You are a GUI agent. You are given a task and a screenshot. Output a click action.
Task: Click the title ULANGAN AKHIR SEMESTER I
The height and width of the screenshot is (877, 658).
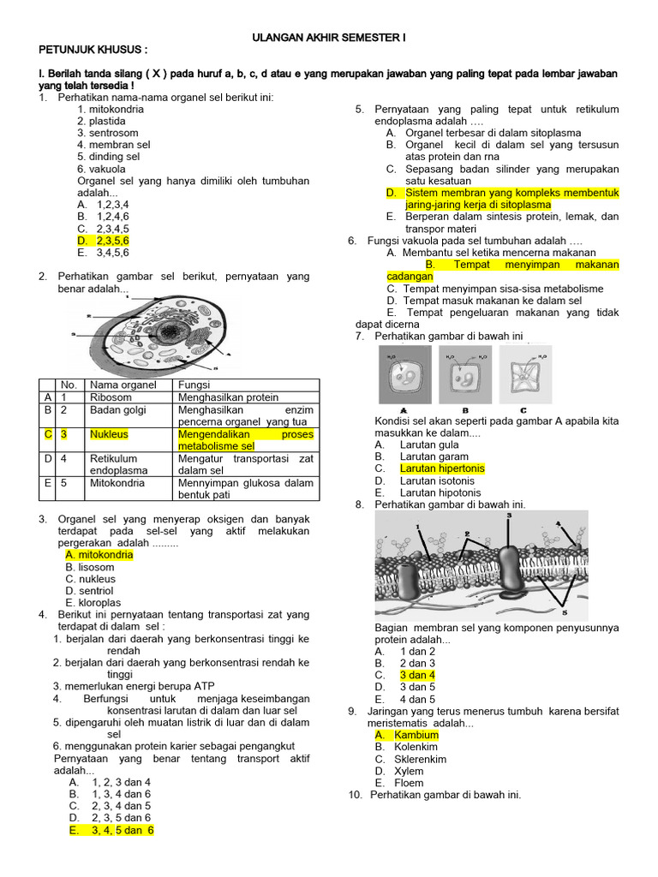[x=328, y=39]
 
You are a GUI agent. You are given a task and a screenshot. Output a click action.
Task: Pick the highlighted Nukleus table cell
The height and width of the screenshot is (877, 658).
[x=108, y=434]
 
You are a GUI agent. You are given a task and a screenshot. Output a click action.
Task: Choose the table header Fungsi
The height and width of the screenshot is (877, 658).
[x=194, y=385]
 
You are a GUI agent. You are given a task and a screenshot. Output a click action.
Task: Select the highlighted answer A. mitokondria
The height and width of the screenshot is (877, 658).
[x=99, y=555]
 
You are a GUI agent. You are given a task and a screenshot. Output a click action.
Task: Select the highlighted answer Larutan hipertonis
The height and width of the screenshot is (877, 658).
[x=441, y=468]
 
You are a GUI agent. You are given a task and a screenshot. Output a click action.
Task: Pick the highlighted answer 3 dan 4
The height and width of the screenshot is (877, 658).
[x=417, y=675]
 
